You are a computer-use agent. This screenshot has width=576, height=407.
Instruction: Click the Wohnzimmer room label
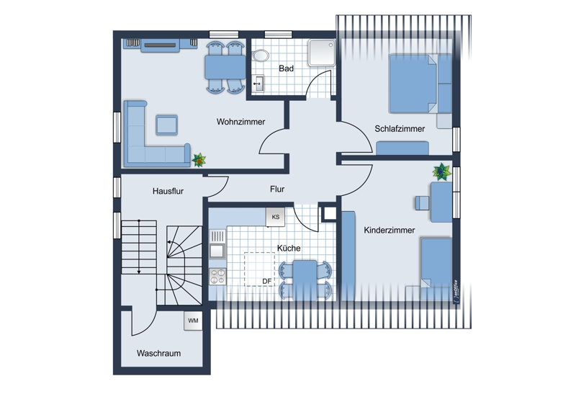tap(240, 122)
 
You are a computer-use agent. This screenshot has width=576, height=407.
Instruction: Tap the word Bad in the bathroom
tap(286, 68)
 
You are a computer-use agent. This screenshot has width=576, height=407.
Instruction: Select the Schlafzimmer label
tap(400, 129)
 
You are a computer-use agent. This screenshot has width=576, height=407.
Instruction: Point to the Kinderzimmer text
tap(390, 231)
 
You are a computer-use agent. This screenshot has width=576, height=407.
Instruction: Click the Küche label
tap(289, 249)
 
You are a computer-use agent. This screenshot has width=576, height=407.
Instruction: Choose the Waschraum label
tap(158, 353)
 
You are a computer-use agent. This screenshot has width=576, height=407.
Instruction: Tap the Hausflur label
tap(168, 191)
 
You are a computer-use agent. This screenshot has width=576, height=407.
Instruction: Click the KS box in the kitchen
tap(275, 217)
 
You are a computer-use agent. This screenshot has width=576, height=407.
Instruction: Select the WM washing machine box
tap(193, 321)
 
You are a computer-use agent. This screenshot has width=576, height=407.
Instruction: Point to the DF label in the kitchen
tap(266, 281)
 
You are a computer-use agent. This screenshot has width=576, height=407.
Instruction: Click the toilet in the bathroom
tap(261, 55)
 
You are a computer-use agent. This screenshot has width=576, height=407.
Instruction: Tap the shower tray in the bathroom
tap(322, 53)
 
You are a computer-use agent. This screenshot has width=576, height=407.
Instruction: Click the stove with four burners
tap(217, 277)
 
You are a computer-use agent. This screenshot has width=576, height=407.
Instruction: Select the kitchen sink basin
tap(217, 251)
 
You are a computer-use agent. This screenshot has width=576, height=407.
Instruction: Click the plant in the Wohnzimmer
tap(199, 160)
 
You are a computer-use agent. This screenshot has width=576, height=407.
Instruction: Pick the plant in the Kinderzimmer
tap(442, 171)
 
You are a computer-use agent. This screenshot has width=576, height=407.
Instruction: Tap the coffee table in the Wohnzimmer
tap(167, 125)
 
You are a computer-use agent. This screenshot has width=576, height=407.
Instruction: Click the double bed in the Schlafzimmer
tap(420, 84)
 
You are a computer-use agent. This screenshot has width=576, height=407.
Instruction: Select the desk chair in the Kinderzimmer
tap(423, 203)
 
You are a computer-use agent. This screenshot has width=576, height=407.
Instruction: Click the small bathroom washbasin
tap(258, 84)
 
